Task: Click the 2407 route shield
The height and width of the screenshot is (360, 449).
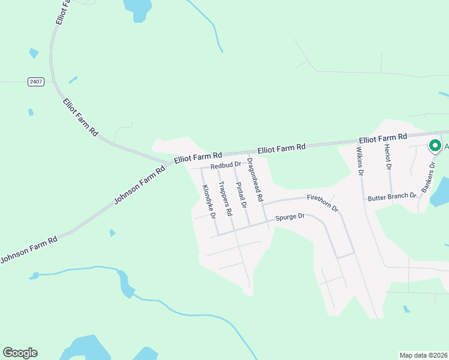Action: click(36, 82)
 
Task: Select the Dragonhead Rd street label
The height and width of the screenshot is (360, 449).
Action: click(255, 180)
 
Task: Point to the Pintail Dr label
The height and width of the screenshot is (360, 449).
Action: click(241, 195)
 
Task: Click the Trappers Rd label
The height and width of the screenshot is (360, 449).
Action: click(225, 199)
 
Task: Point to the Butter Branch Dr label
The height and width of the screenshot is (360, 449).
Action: click(392, 196)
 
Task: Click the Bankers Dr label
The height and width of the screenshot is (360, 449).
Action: click(428, 179)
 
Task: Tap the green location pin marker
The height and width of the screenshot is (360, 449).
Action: click(434, 146)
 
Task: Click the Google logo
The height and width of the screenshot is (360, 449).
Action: click(20, 353)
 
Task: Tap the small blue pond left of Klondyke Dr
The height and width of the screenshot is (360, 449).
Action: click(112, 233)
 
